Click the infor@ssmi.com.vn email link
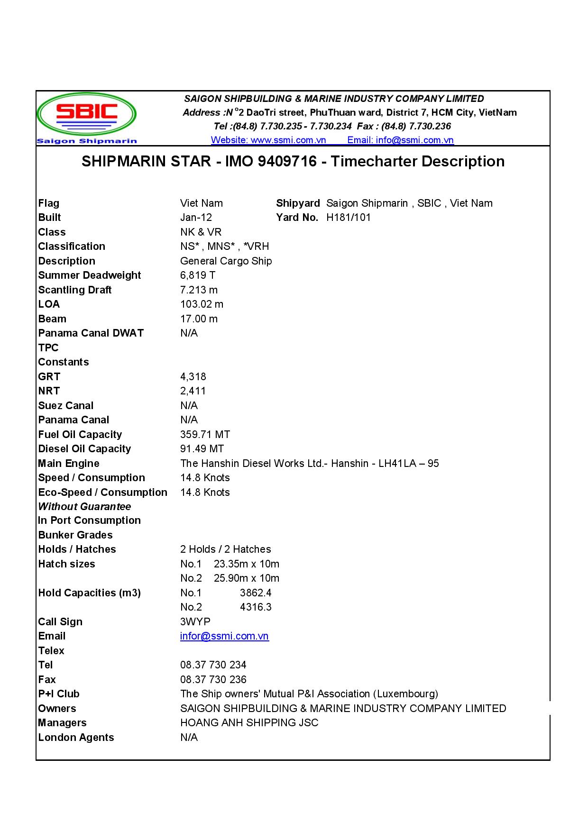pos(224,636)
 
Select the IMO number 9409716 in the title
pos(287,162)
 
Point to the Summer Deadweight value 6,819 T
pos(198,275)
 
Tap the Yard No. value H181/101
pos(349,218)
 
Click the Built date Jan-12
pos(196,218)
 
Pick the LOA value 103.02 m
pos(202,304)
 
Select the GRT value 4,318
pos(193,377)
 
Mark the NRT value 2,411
pos(193,391)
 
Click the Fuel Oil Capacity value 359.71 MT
pos(205,435)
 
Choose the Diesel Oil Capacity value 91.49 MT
pos(202,449)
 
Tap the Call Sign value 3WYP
pos(195,622)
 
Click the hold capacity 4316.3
pos(256,607)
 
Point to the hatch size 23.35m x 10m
pos(246,564)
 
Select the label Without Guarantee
pos(84,507)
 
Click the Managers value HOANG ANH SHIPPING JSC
pos(249,723)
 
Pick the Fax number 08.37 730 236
pos(213,680)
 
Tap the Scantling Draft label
pos(75,290)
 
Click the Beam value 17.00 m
pos(199,319)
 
